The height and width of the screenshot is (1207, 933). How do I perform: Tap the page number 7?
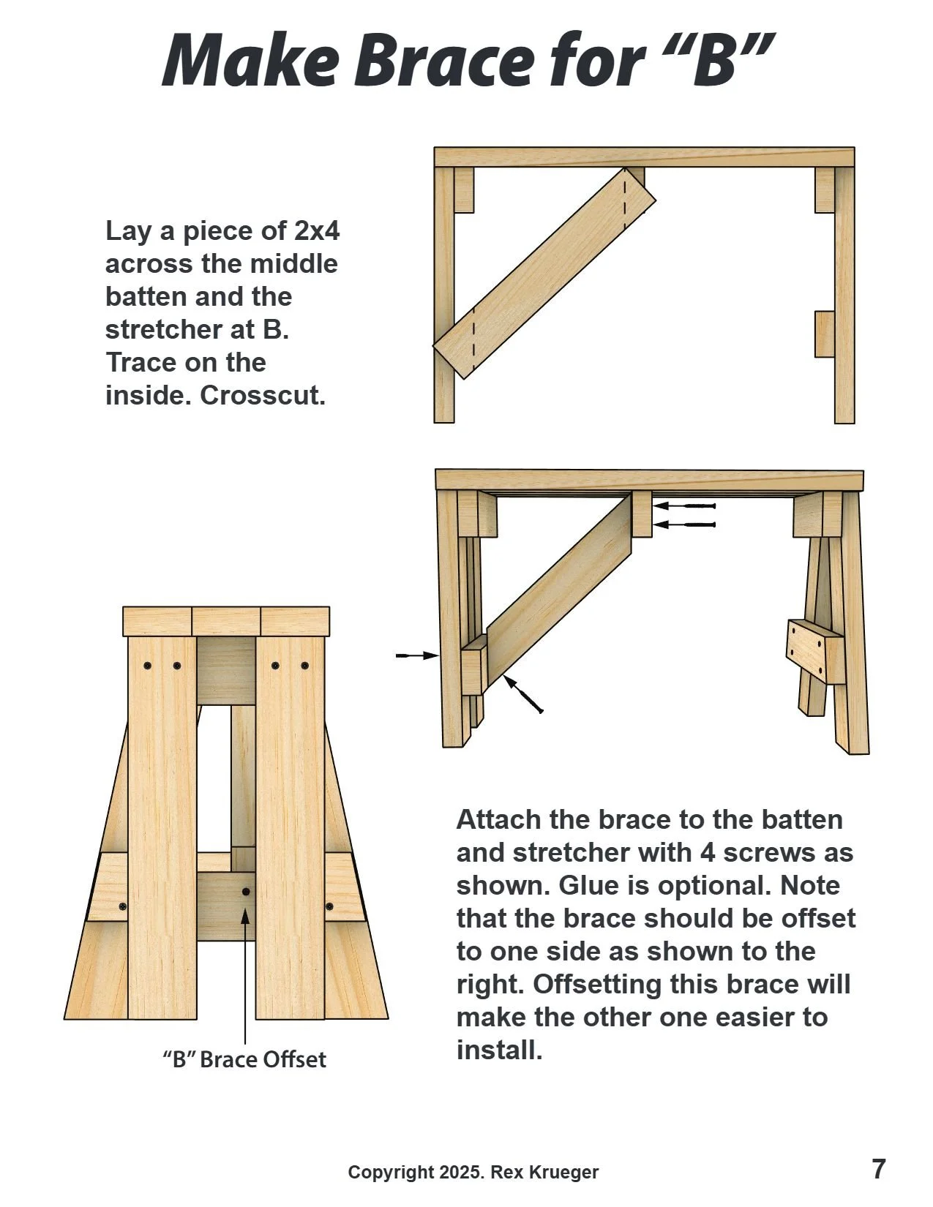(878, 1169)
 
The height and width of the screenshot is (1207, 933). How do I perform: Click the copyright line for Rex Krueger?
(473, 1173)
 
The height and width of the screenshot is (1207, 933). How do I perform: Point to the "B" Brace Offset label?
(244, 1059)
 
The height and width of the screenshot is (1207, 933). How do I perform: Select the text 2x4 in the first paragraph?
(316, 231)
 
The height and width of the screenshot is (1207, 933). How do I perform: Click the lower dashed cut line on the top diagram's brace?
(473, 337)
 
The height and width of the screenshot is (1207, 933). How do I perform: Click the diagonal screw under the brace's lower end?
(524, 695)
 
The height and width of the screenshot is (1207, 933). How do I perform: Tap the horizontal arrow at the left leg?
(416, 655)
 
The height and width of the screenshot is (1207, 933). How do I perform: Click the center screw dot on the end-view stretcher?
(246, 892)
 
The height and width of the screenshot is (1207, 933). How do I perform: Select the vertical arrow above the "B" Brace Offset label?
(245, 973)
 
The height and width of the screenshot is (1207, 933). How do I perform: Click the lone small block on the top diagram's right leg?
(825, 334)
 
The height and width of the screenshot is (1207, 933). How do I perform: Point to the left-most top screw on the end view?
(148, 666)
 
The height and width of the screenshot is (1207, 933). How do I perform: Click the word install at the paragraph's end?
(498, 1050)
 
